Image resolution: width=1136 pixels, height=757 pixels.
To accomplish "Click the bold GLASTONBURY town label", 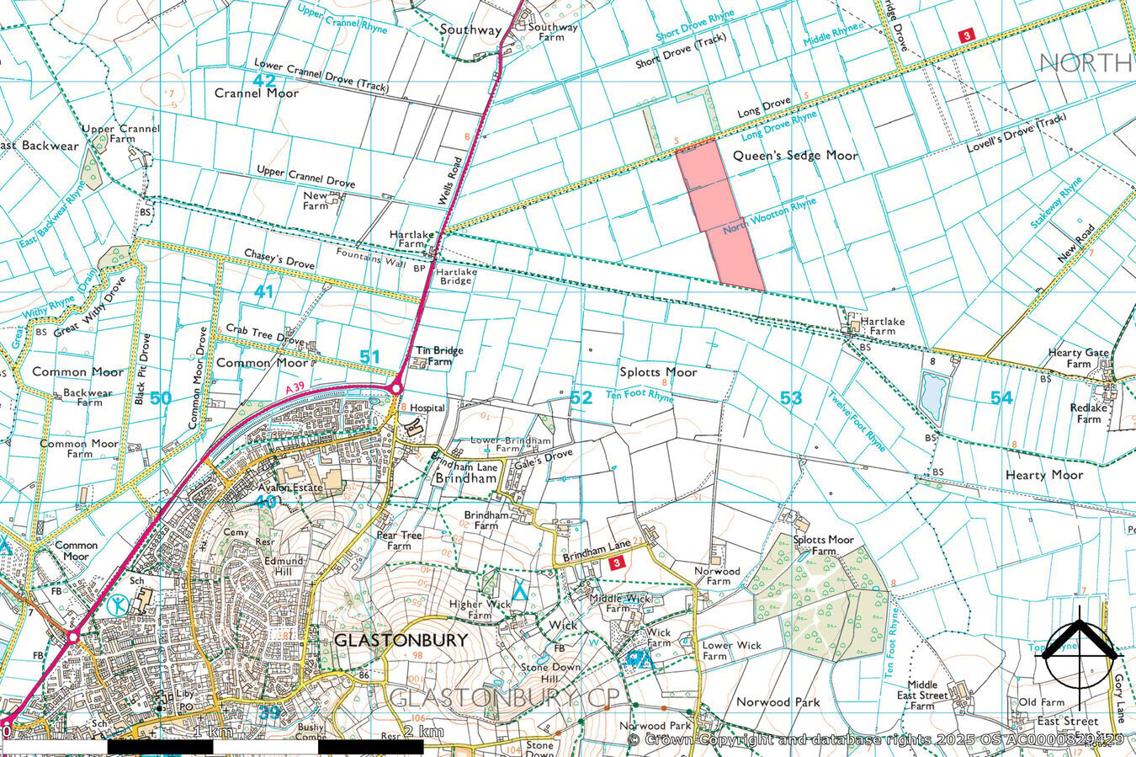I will click(401, 640).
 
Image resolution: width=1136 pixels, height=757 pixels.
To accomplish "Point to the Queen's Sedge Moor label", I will click(795, 156).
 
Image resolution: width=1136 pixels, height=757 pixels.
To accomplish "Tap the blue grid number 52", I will click(581, 397).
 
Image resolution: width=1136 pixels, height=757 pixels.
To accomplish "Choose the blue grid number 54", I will click(1001, 398).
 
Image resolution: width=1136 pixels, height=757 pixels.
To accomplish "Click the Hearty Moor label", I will click(1044, 475).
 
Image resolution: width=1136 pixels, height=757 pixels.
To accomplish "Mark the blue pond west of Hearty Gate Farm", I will click(932, 396).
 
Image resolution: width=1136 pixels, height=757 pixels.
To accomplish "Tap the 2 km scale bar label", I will click(423, 732).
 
